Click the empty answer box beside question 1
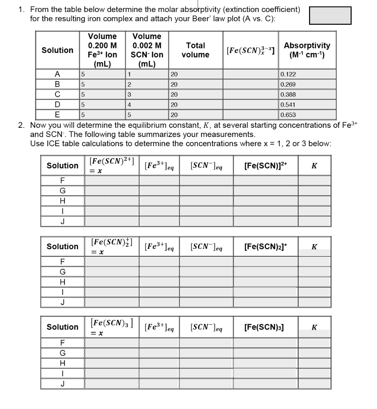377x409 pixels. (330, 15)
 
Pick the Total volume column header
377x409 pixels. (195, 50)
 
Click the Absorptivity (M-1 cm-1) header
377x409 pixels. (307, 50)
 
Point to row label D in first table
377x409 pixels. (58, 105)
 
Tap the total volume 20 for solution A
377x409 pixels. (195, 74)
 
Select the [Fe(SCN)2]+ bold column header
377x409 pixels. (265, 246)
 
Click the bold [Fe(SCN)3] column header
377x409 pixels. (265, 327)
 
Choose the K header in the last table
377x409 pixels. (314, 327)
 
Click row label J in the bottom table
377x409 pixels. (62, 384)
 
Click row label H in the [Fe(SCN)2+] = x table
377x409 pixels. (62, 201)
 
